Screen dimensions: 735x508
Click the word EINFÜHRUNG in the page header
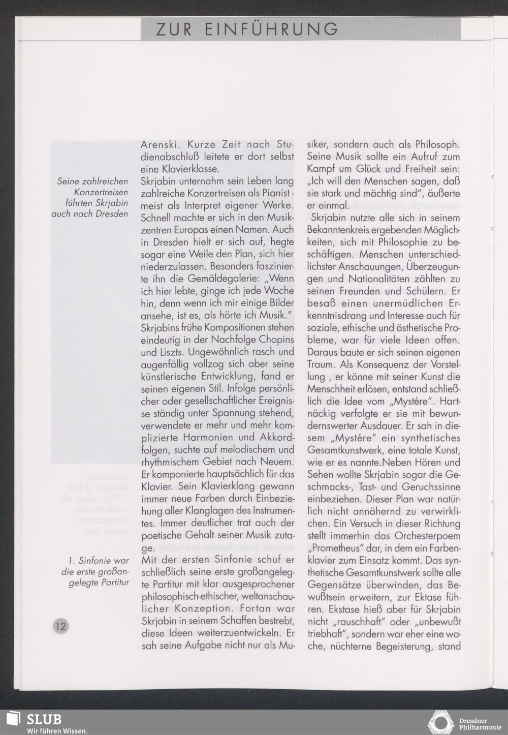pyautogui.click(x=271, y=29)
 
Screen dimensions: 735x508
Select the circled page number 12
pyautogui.click(x=60, y=625)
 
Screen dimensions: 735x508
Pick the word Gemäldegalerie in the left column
pyautogui.click(x=224, y=279)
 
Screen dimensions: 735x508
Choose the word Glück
pyautogui.click(x=370, y=169)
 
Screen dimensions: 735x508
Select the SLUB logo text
pyautogui.click(x=45, y=719)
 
